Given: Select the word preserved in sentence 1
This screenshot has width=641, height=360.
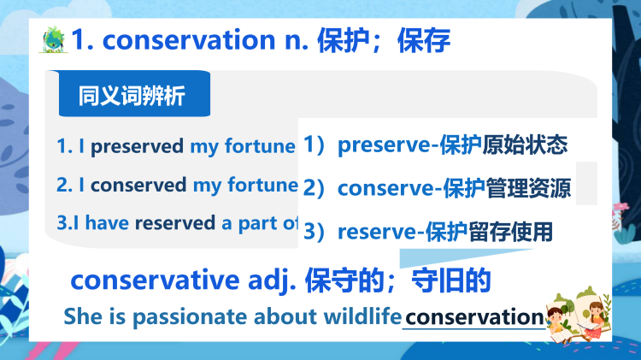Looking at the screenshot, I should click(x=137, y=146).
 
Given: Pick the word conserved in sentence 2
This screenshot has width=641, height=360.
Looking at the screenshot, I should click(x=138, y=185).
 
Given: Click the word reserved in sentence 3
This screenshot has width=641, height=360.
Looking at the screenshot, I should click(x=174, y=223).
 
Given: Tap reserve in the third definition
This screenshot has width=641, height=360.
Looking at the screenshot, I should click(x=379, y=231).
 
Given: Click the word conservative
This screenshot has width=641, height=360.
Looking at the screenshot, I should click(x=154, y=280).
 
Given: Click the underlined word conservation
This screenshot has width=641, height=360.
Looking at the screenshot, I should click(x=474, y=316).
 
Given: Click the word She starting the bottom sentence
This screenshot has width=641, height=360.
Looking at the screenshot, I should click(x=83, y=316).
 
